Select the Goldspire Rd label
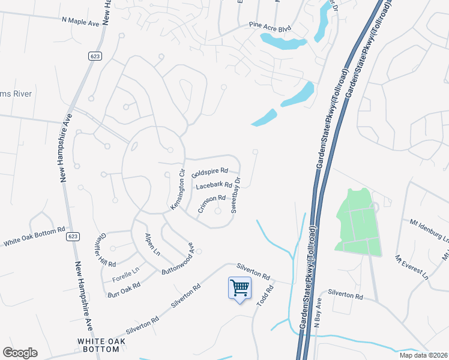pos(210,172)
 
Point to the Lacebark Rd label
pos(214,185)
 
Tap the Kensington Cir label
pos(177,190)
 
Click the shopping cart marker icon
pos(240,289)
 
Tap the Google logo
pos(20,353)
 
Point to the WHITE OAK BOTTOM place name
pos(98,344)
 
